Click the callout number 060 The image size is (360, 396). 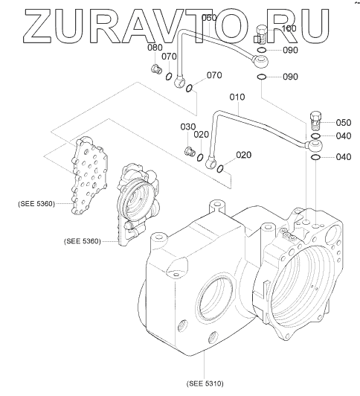(x=209, y=18)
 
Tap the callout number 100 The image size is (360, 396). (x=289, y=28)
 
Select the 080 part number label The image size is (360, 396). (x=155, y=47)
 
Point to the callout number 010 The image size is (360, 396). (x=237, y=97)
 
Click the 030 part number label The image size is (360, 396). (x=188, y=127)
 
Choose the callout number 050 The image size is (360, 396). (x=344, y=123)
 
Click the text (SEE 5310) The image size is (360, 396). (x=205, y=383)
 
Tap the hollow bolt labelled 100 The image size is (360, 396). (x=260, y=34)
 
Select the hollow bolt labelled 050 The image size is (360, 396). (x=315, y=120)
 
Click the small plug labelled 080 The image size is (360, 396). (x=156, y=69)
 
